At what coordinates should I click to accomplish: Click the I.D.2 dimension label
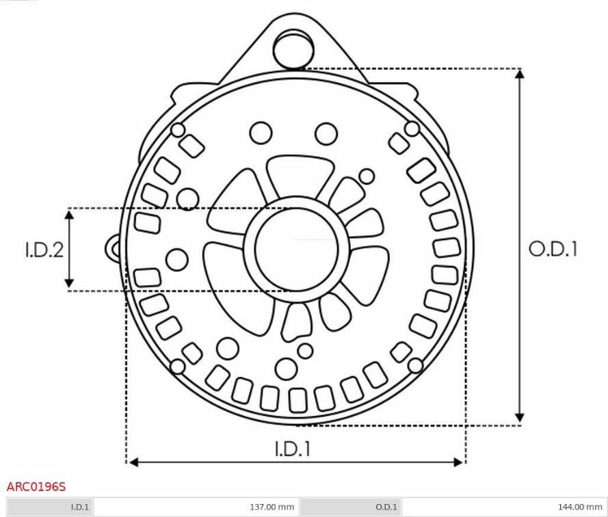[x=44, y=250]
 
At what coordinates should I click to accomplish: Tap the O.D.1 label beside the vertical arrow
[x=553, y=249]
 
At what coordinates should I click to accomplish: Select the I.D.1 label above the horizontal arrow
[x=293, y=449]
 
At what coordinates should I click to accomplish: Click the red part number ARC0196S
[x=36, y=486]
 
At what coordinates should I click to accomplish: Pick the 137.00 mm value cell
[x=196, y=507]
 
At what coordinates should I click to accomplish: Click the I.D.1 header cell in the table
[x=51, y=507]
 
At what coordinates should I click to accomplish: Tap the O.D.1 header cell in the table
[x=351, y=507]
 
